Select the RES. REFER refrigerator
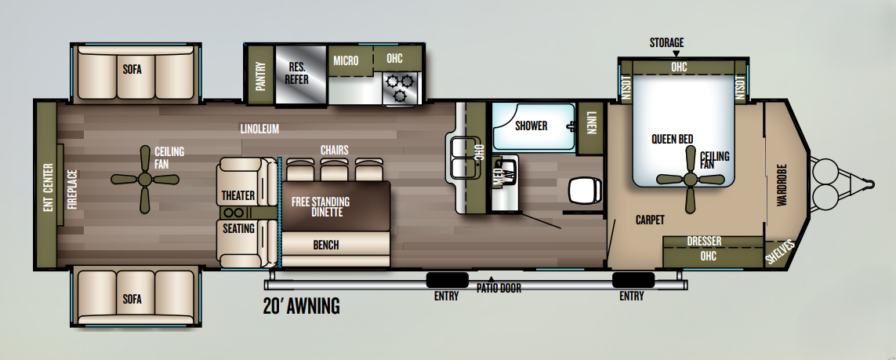click(x=300, y=75)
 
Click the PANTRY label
click(x=260, y=77)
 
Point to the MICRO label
click(x=346, y=60)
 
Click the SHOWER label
click(x=531, y=125)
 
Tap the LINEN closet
click(x=590, y=128)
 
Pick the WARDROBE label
click(x=781, y=185)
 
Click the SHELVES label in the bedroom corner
click(x=780, y=252)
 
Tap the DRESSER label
click(x=704, y=241)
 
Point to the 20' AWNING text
click(x=301, y=307)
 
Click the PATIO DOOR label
click(x=499, y=289)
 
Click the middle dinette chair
click(x=336, y=169)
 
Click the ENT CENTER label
click(x=48, y=188)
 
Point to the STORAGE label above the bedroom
click(x=666, y=43)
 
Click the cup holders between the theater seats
click(x=233, y=213)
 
